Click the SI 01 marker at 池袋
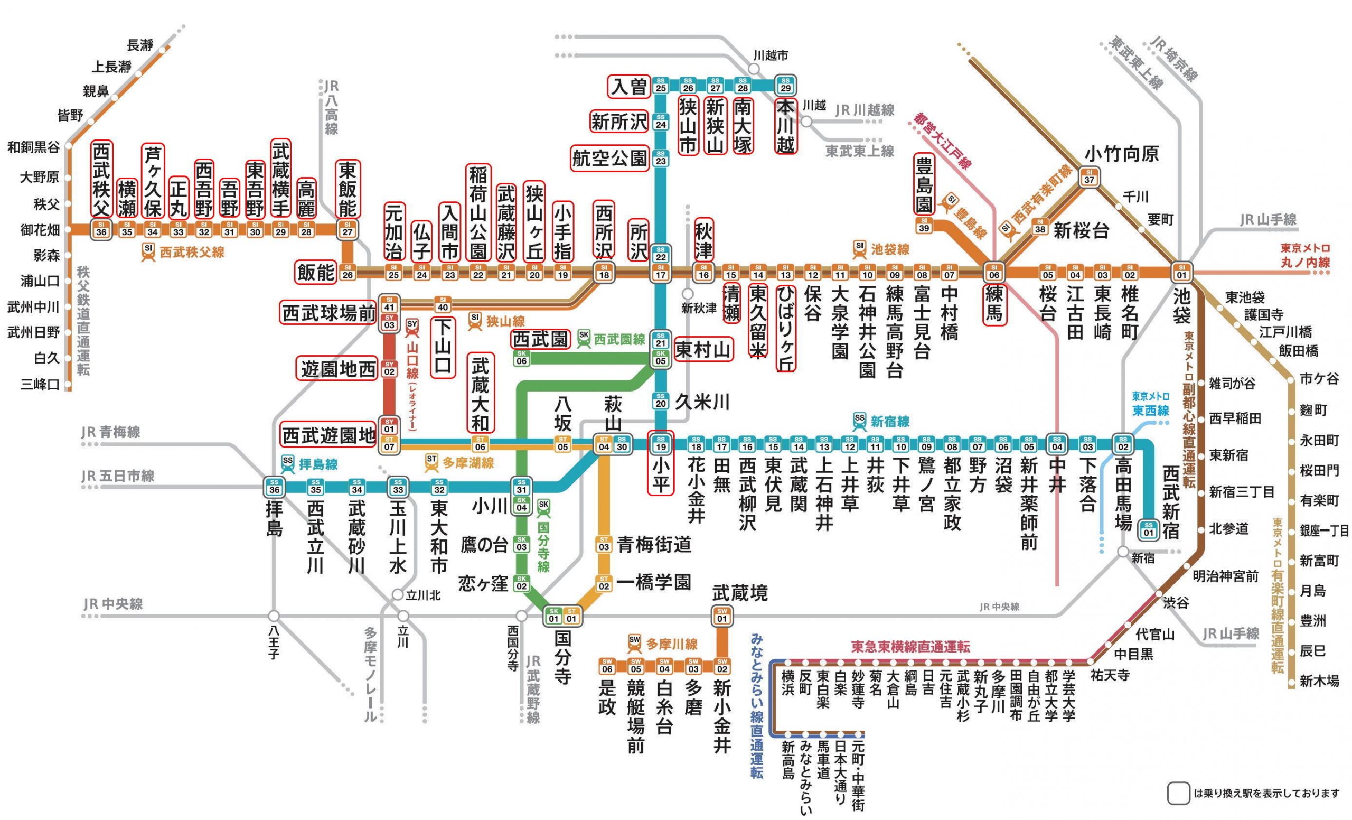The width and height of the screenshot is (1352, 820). tap(1181, 272)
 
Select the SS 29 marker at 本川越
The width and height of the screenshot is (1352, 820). tap(785, 85)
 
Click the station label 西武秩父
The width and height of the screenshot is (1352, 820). tap(101, 180)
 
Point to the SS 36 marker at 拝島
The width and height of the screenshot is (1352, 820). tap(274, 486)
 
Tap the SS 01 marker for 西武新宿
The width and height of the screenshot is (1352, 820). tap(1149, 529)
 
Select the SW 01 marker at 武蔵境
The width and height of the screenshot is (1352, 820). tap(722, 616)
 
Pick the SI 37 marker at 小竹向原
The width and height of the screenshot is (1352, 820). tap(1089, 177)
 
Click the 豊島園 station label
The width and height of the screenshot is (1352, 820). tap(924, 184)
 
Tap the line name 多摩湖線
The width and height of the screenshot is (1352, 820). tap(467, 463)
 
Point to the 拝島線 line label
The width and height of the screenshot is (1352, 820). tap(318, 464)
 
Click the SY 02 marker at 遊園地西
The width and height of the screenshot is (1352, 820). tap(389, 368)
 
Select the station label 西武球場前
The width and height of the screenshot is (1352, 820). tap(328, 313)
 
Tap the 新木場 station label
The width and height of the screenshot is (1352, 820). tap(1319, 681)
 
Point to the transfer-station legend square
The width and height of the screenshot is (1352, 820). tap(1178, 793)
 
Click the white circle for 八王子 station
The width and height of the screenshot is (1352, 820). tap(274, 616)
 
